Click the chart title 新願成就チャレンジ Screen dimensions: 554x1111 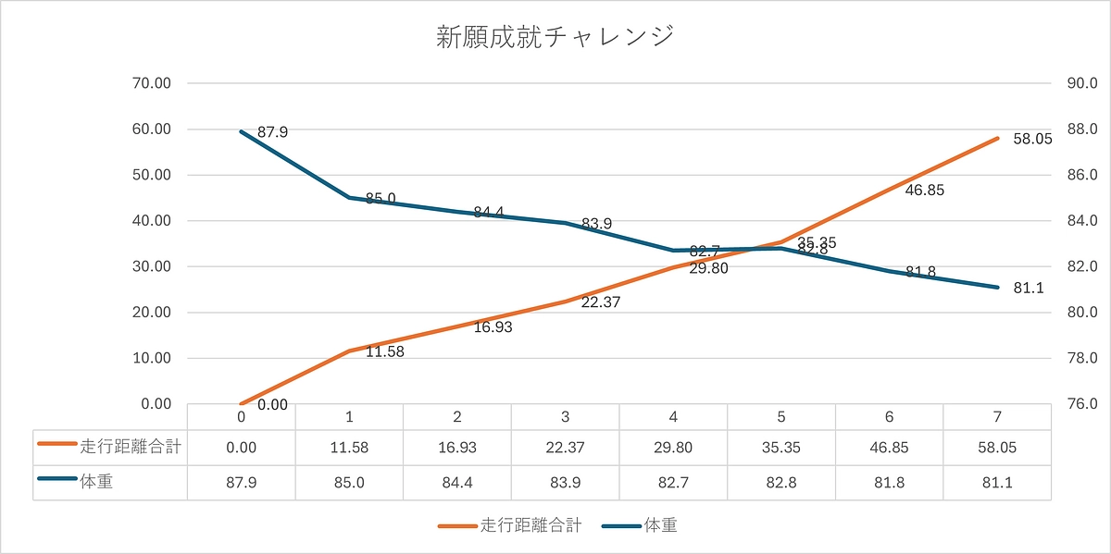(555, 38)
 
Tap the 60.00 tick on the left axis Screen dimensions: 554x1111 (152, 129)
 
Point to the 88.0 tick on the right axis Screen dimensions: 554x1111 (1082, 129)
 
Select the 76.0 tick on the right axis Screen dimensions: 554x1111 (1082, 404)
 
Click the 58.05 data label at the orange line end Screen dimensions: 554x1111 (1032, 140)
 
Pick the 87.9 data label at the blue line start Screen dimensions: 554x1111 (272, 132)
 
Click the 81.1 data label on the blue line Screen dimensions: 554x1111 (1029, 288)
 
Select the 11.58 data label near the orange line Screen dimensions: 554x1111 (385, 351)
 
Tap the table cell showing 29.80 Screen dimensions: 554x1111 (673, 447)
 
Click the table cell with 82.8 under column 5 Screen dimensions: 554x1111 (781, 482)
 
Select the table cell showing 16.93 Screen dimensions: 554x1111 (456, 447)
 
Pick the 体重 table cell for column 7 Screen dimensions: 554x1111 (997, 482)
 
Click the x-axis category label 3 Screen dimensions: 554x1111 (565, 416)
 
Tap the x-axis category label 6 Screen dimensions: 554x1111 (889, 416)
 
